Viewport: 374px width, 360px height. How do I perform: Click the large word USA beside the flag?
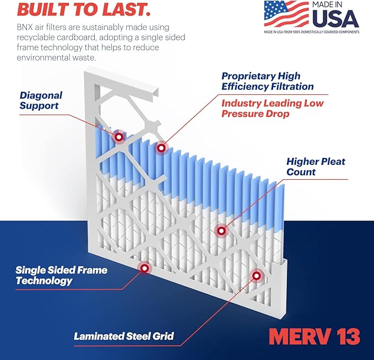click(335, 19)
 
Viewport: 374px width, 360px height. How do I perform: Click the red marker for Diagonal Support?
click(118, 136)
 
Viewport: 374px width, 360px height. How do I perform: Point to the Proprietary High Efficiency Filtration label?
click(267, 81)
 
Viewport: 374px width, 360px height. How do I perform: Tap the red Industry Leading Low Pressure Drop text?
click(272, 109)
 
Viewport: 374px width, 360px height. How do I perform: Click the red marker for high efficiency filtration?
click(161, 147)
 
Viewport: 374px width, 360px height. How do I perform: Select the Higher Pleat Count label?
click(316, 166)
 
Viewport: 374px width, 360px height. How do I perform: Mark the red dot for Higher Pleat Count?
click(221, 231)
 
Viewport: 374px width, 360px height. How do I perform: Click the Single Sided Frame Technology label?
click(61, 276)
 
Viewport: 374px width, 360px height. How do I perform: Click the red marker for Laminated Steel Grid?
click(256, 275)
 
